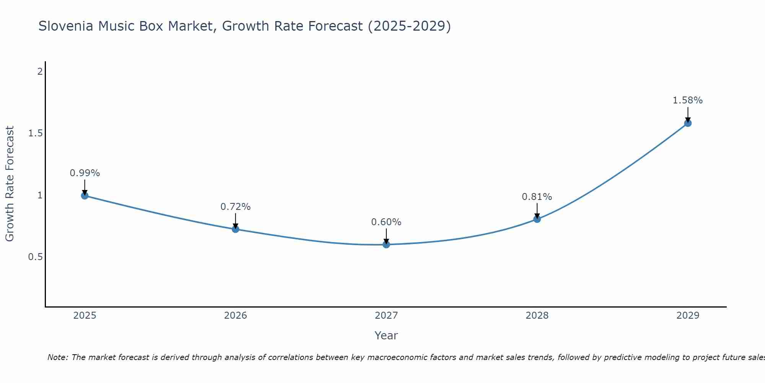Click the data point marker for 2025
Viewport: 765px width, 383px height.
click(85, 196)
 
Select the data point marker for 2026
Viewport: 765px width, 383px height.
click(236, 229)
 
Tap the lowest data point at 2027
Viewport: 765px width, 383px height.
click(386, 244)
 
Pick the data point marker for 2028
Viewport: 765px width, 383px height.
click(537, 219)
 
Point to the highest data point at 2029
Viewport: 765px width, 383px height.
click(688, 123)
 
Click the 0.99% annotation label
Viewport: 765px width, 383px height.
click(85, 173)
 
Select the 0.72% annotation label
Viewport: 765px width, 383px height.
click(236, 207)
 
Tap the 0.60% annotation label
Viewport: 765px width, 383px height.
click(386, 222)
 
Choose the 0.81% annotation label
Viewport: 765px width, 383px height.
click(537, 197)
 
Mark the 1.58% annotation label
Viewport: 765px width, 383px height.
click(688, 100)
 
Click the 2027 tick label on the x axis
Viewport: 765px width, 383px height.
click(386, 316)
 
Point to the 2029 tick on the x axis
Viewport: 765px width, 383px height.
click(688, 316)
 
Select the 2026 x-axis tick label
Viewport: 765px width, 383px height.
click(236, 316)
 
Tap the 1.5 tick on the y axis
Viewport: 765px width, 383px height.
click(35, 133)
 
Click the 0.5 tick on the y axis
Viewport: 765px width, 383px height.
click(35, 257)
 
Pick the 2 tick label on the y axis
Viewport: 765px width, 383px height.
click(40, 72)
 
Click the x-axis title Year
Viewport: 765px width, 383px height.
click(386, 336)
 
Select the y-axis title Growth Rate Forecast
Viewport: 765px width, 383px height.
click(10, 184)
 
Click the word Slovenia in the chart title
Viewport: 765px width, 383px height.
click(66, 26)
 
